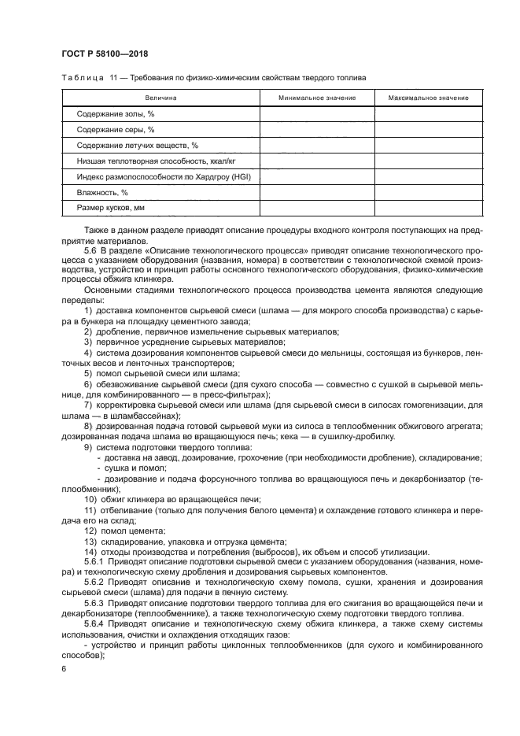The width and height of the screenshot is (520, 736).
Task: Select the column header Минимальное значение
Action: (x=316, y=98)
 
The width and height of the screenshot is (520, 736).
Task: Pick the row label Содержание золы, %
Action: (x=115, y=114)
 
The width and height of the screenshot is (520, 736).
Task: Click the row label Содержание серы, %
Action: (x=115, y=130)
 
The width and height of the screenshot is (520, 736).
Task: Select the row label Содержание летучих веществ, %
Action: (x=137, y=146)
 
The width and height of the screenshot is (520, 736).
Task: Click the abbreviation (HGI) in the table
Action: (x=238, y=177)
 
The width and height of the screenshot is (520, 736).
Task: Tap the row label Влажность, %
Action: (x=102, y=193)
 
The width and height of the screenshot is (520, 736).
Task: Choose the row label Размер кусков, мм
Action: (x=111, y=209)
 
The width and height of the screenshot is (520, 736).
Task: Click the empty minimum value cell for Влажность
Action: (x=316, y=193)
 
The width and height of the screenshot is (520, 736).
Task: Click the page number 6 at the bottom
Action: (x=64, y=668)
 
